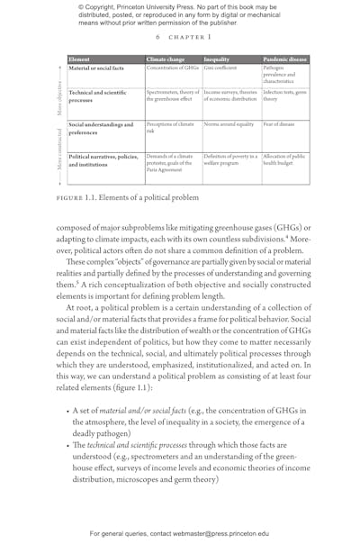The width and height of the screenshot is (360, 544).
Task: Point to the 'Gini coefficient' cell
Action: click(x=220, y=68)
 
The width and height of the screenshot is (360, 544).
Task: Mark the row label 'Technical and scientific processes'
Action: click(x=101, y=95)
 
